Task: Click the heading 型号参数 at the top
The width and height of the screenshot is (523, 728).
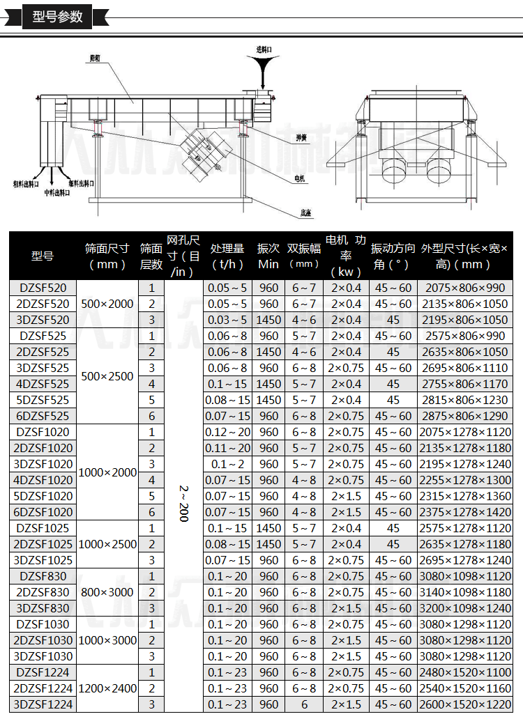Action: (57, 16)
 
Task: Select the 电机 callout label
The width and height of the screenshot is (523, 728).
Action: (299, 178)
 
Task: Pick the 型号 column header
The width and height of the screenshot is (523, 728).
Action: (43, 256)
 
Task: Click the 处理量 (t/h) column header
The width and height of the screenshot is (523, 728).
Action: (227, 256)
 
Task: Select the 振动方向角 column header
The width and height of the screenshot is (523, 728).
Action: (393, 256)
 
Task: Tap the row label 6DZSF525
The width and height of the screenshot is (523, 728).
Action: (43, 416)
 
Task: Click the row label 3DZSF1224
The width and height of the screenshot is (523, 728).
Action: (43, 704)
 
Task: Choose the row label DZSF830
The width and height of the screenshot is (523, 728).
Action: (43, 576)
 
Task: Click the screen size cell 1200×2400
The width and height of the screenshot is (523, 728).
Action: (107, 688)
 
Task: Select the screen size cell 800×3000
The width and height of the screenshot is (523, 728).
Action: (107, 592)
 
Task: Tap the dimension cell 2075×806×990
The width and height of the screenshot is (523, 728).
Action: (464, 288)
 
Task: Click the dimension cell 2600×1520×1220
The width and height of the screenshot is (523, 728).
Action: (464, 704)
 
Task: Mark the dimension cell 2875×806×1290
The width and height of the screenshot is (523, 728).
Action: (464, 416)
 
